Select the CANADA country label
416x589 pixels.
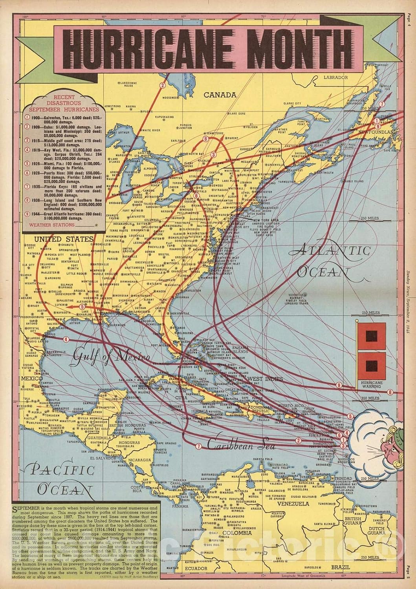(x=220, y=95)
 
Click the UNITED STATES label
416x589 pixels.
(x=58, y=239)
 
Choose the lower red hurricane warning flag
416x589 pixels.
(x=370, y=366)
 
